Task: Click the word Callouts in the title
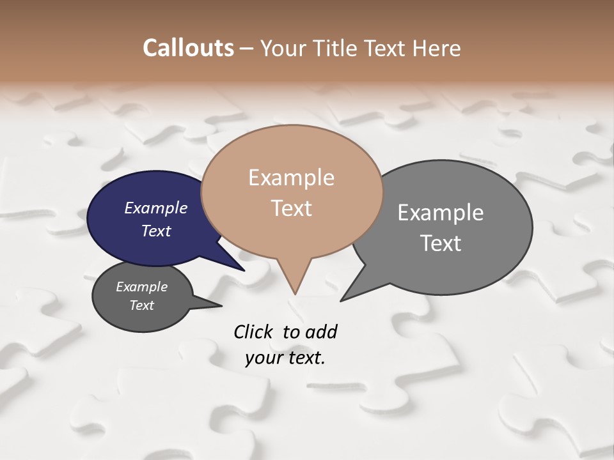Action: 188,48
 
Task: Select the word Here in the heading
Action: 436,48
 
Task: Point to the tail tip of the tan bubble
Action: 295,292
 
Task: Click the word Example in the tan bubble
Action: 291,178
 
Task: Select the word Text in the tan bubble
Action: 292,208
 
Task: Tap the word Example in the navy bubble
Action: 155,208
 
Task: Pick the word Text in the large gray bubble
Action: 441,243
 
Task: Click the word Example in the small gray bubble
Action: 141,287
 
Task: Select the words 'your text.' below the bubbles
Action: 285,358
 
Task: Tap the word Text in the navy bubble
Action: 155,231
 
